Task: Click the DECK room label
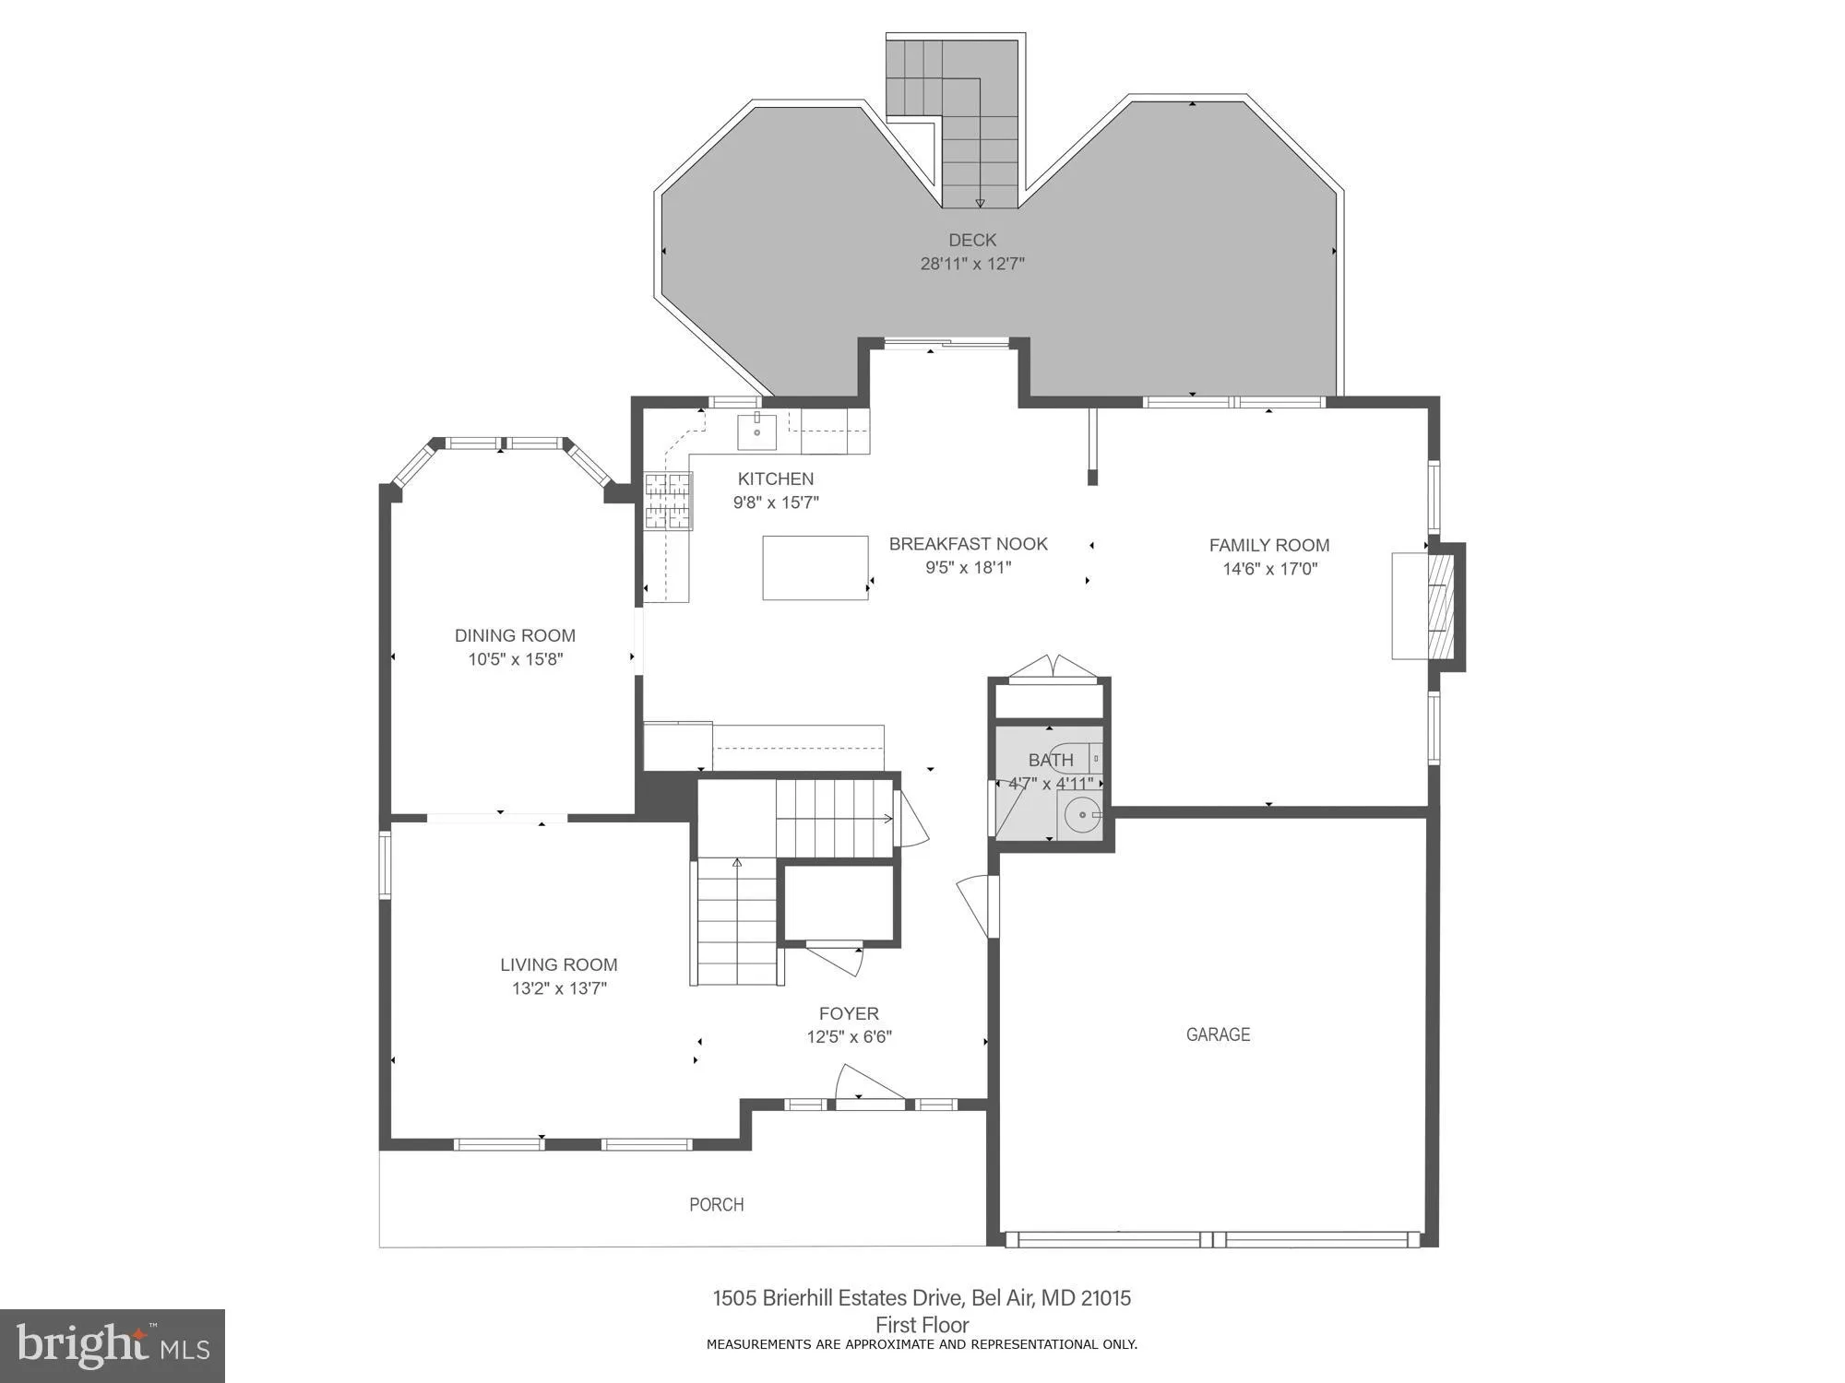[x=972, y=240]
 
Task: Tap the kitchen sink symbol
[x=756, y=431]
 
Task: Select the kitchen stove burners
[x=669, y=501]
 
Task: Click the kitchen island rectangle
[x=815, y=568]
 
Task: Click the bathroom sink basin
[x=1082, y=815]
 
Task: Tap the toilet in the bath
[x=1075, y=758]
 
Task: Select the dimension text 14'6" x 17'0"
[x=1269, y=569]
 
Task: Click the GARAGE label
[x=1218, y=1034]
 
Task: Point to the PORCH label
[x=717, y=1204]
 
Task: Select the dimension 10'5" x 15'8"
[x=515, y=659]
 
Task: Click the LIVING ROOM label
[x=558, y=964]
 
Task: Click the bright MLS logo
[x=113, y=1345]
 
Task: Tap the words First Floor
[x=922, y=1325]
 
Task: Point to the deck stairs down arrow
[x=980, y=202]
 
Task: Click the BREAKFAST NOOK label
[x=968, y=544]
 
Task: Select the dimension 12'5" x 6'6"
[x=849, y=1037]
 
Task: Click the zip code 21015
[x=1105, y=1298]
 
